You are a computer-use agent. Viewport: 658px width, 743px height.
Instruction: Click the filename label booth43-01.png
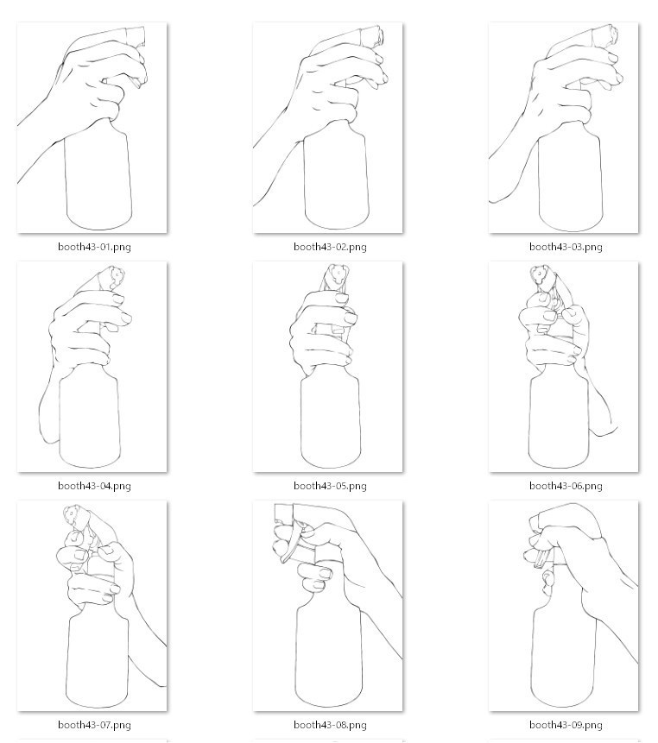tap(94, 247)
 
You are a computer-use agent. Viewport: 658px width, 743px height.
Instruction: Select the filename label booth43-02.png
tap(330, 247)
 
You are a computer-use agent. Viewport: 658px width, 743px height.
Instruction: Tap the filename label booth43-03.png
tap(566, 247)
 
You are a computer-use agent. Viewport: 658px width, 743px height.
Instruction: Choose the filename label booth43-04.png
tap(94, 486)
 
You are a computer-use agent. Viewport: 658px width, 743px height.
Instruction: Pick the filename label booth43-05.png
tap(330, 486)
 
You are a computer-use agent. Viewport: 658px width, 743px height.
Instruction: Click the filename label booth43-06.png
tap(566, 486)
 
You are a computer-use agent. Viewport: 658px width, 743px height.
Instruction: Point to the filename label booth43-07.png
tap(94, 725)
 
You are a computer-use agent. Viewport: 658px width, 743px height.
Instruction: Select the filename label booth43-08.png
tap(330, 725)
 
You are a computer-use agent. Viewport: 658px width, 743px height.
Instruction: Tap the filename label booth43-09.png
tap(566, 725)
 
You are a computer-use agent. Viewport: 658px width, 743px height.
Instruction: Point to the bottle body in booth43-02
tap(335, 181)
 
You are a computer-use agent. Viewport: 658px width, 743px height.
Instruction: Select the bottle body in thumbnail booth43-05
tap(329, 419)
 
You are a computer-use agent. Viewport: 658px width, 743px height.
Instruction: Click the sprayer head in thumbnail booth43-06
tap(541, 275)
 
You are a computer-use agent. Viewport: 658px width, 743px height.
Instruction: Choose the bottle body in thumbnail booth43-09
tap(562, 656)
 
